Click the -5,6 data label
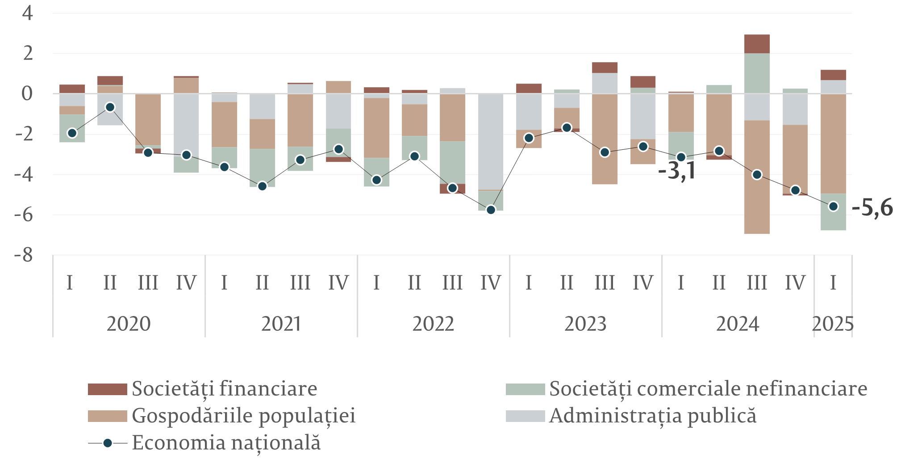[x=872, y=208]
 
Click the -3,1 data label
[x=677, y=171]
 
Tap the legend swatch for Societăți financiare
[x=107, y=389]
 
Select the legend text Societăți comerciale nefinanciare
[x=708, y=389]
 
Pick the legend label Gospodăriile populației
[x=244, y=416]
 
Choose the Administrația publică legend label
[x=653, y=416]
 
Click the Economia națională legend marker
[x=108, y=443]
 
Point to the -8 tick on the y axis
[x=24, y=255]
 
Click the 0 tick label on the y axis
[x=28, y=94]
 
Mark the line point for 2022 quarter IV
[x=491, y=210]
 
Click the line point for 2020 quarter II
[x=110, y=107]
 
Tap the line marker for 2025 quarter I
[x=833, y=207]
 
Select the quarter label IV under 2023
[x=642, y=283]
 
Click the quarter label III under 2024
[x=757, y=283]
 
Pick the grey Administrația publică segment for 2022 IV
[x=491, y=141]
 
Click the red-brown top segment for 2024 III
[x=757, y=44]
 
